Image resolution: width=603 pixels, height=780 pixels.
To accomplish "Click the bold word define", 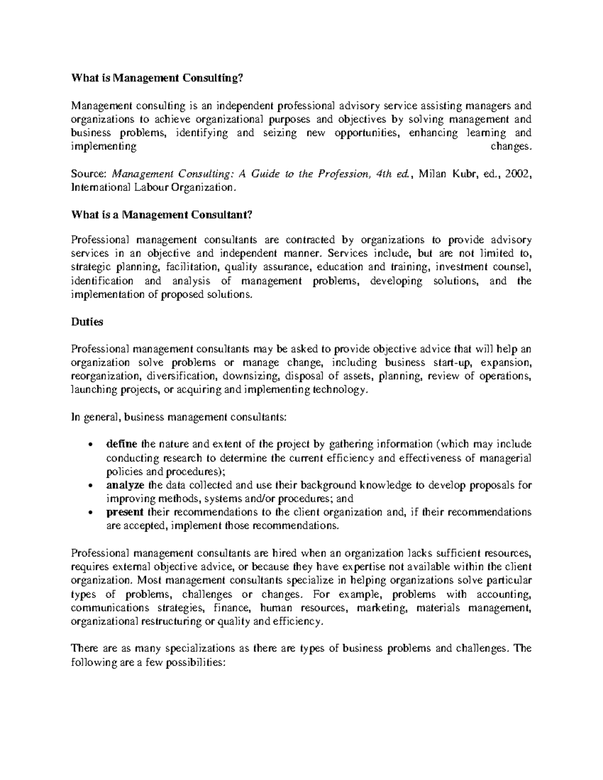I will click(x=123, y=444).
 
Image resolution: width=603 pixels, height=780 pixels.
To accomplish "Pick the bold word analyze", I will click(x=126, y=485).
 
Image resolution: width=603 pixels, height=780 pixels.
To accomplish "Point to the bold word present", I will click(x=125, y=512).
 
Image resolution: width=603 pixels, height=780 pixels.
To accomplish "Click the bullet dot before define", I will click(x=89, y=445).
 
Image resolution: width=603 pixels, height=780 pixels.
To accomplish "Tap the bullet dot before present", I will click(x=89, y=513).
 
